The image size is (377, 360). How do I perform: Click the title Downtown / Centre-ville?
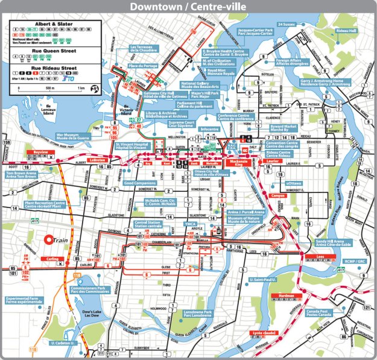pos(188,8)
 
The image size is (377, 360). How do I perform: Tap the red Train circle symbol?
pos(49,240)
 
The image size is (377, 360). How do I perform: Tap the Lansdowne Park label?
pos(198,314)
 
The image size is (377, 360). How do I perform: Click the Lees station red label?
pos(319,256)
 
